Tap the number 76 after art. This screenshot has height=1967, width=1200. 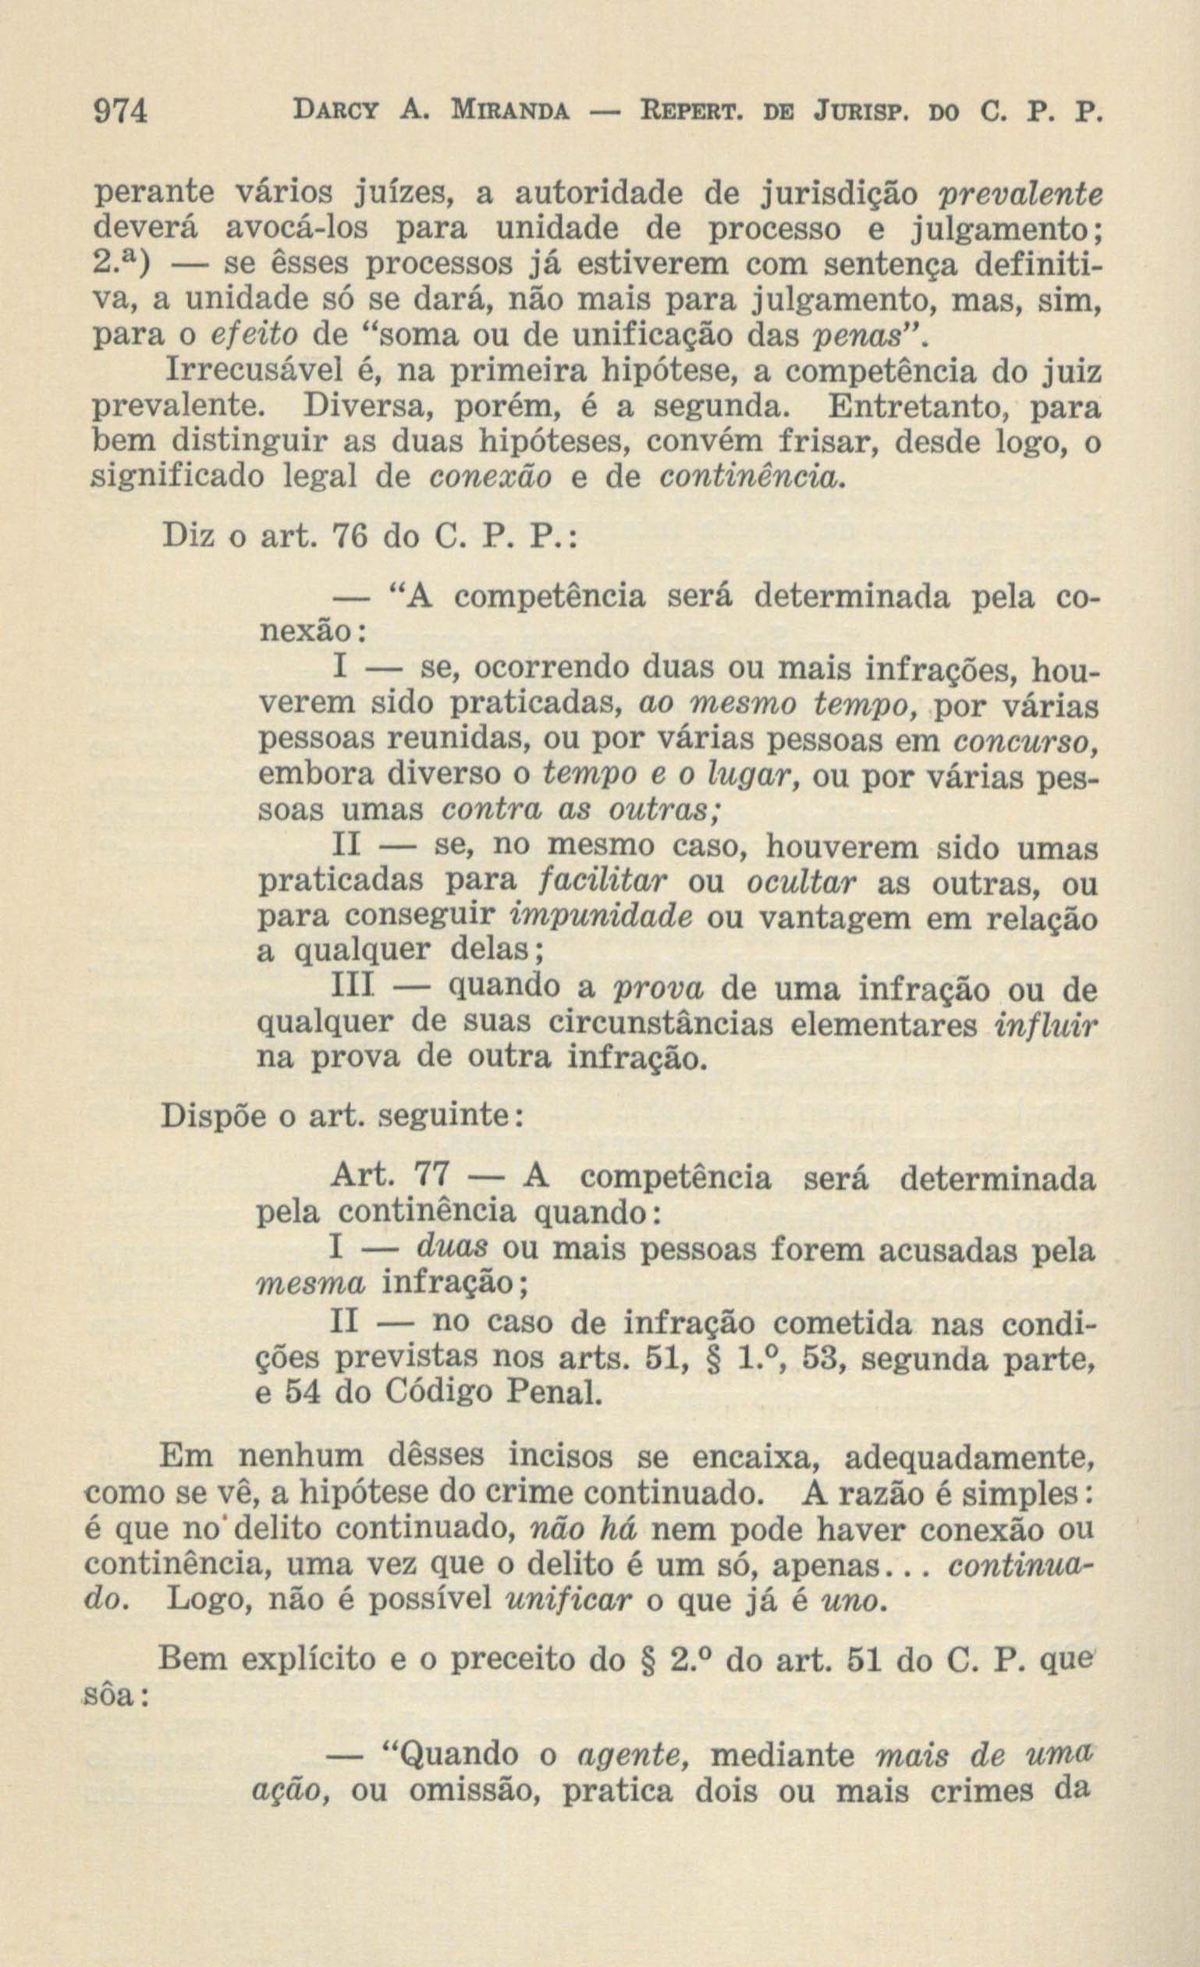(351, 536)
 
